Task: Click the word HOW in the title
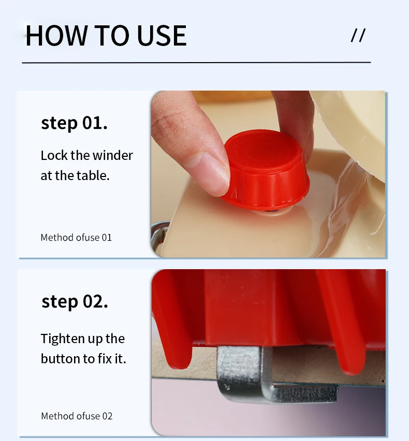point(56,35)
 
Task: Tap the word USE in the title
point(162,35)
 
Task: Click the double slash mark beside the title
point(358,35)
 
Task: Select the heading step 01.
point(74,124)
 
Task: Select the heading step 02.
point(75,302)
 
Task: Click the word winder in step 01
point(112,155)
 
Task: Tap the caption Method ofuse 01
point(76,238)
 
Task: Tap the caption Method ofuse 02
point(77,416)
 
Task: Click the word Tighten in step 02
point(63,339)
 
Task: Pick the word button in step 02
point(60,359)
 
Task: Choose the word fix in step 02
point(105,359)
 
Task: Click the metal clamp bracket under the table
point(270,374)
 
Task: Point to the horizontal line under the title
point(196,63)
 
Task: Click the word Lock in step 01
point(54,155)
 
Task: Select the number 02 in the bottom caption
point(107,416)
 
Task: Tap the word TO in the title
point(112,35)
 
